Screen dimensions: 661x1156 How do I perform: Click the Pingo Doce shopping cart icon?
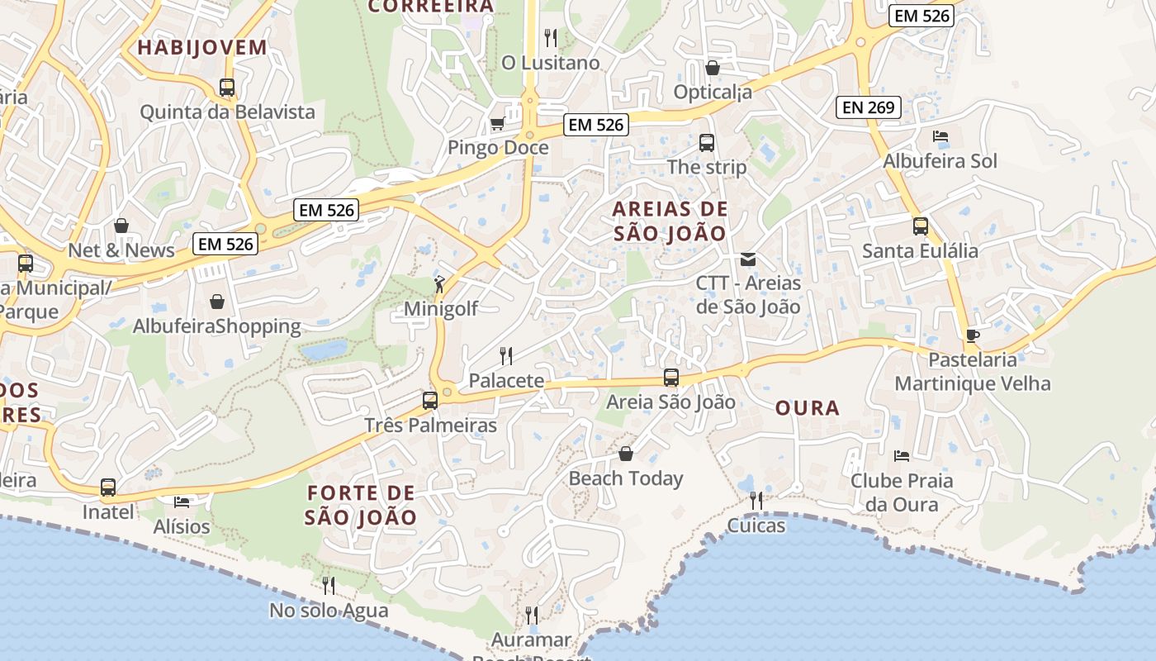tap(497, 124)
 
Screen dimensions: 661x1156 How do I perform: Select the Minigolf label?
tap(441, 308)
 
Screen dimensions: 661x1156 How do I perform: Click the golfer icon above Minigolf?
tap(439, 285)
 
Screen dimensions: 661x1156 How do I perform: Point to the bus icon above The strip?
tap(706, 143)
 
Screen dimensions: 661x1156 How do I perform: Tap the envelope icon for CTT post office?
tap(747, 259)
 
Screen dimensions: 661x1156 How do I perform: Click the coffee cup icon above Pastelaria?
tap(972, 335)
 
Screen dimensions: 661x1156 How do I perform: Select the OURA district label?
tap(808, 407)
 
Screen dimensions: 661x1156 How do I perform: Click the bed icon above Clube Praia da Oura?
tap(901, 455)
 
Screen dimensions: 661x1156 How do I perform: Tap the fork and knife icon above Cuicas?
tap(756, 500)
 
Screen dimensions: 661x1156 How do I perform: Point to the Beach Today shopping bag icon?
tap(625, 454)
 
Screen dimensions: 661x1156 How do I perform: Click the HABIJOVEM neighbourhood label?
tap(202, 47)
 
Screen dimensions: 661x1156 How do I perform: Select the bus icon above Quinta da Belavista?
tap(227, 88)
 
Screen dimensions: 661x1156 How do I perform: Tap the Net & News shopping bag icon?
tap(121, 226)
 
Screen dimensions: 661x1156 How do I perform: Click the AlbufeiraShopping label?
tap(217, 326)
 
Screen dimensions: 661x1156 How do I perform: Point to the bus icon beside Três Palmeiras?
tap(430, 401)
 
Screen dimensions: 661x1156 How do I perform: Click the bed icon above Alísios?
tap(182, 502)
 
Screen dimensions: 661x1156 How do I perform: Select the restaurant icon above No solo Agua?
tap(329, 586)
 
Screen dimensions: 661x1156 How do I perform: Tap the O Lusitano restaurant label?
tap(551, 63)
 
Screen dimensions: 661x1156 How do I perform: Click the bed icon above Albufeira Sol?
tap(940, 136)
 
